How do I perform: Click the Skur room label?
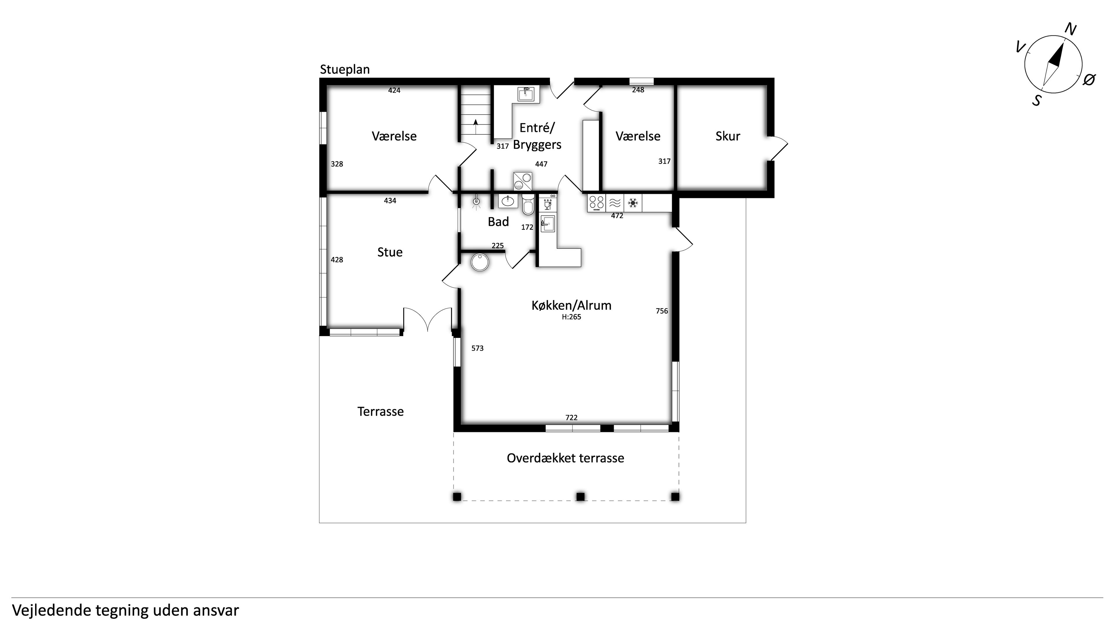pos(728,136)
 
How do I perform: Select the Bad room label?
pos(498,222)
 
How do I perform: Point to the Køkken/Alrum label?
pos(571,305)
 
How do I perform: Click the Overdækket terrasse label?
pos(565,458)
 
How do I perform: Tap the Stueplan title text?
pos(345,70)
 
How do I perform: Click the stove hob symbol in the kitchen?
pos(597,203)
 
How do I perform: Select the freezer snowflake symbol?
pos(633,203)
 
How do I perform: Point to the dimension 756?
pos(662,311)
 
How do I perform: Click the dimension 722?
pos(571,418)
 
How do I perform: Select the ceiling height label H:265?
pos(571,317)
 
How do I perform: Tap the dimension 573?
pos(478,348)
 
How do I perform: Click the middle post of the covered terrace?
pos(580,496)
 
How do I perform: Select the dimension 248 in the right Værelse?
pos(638,90)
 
